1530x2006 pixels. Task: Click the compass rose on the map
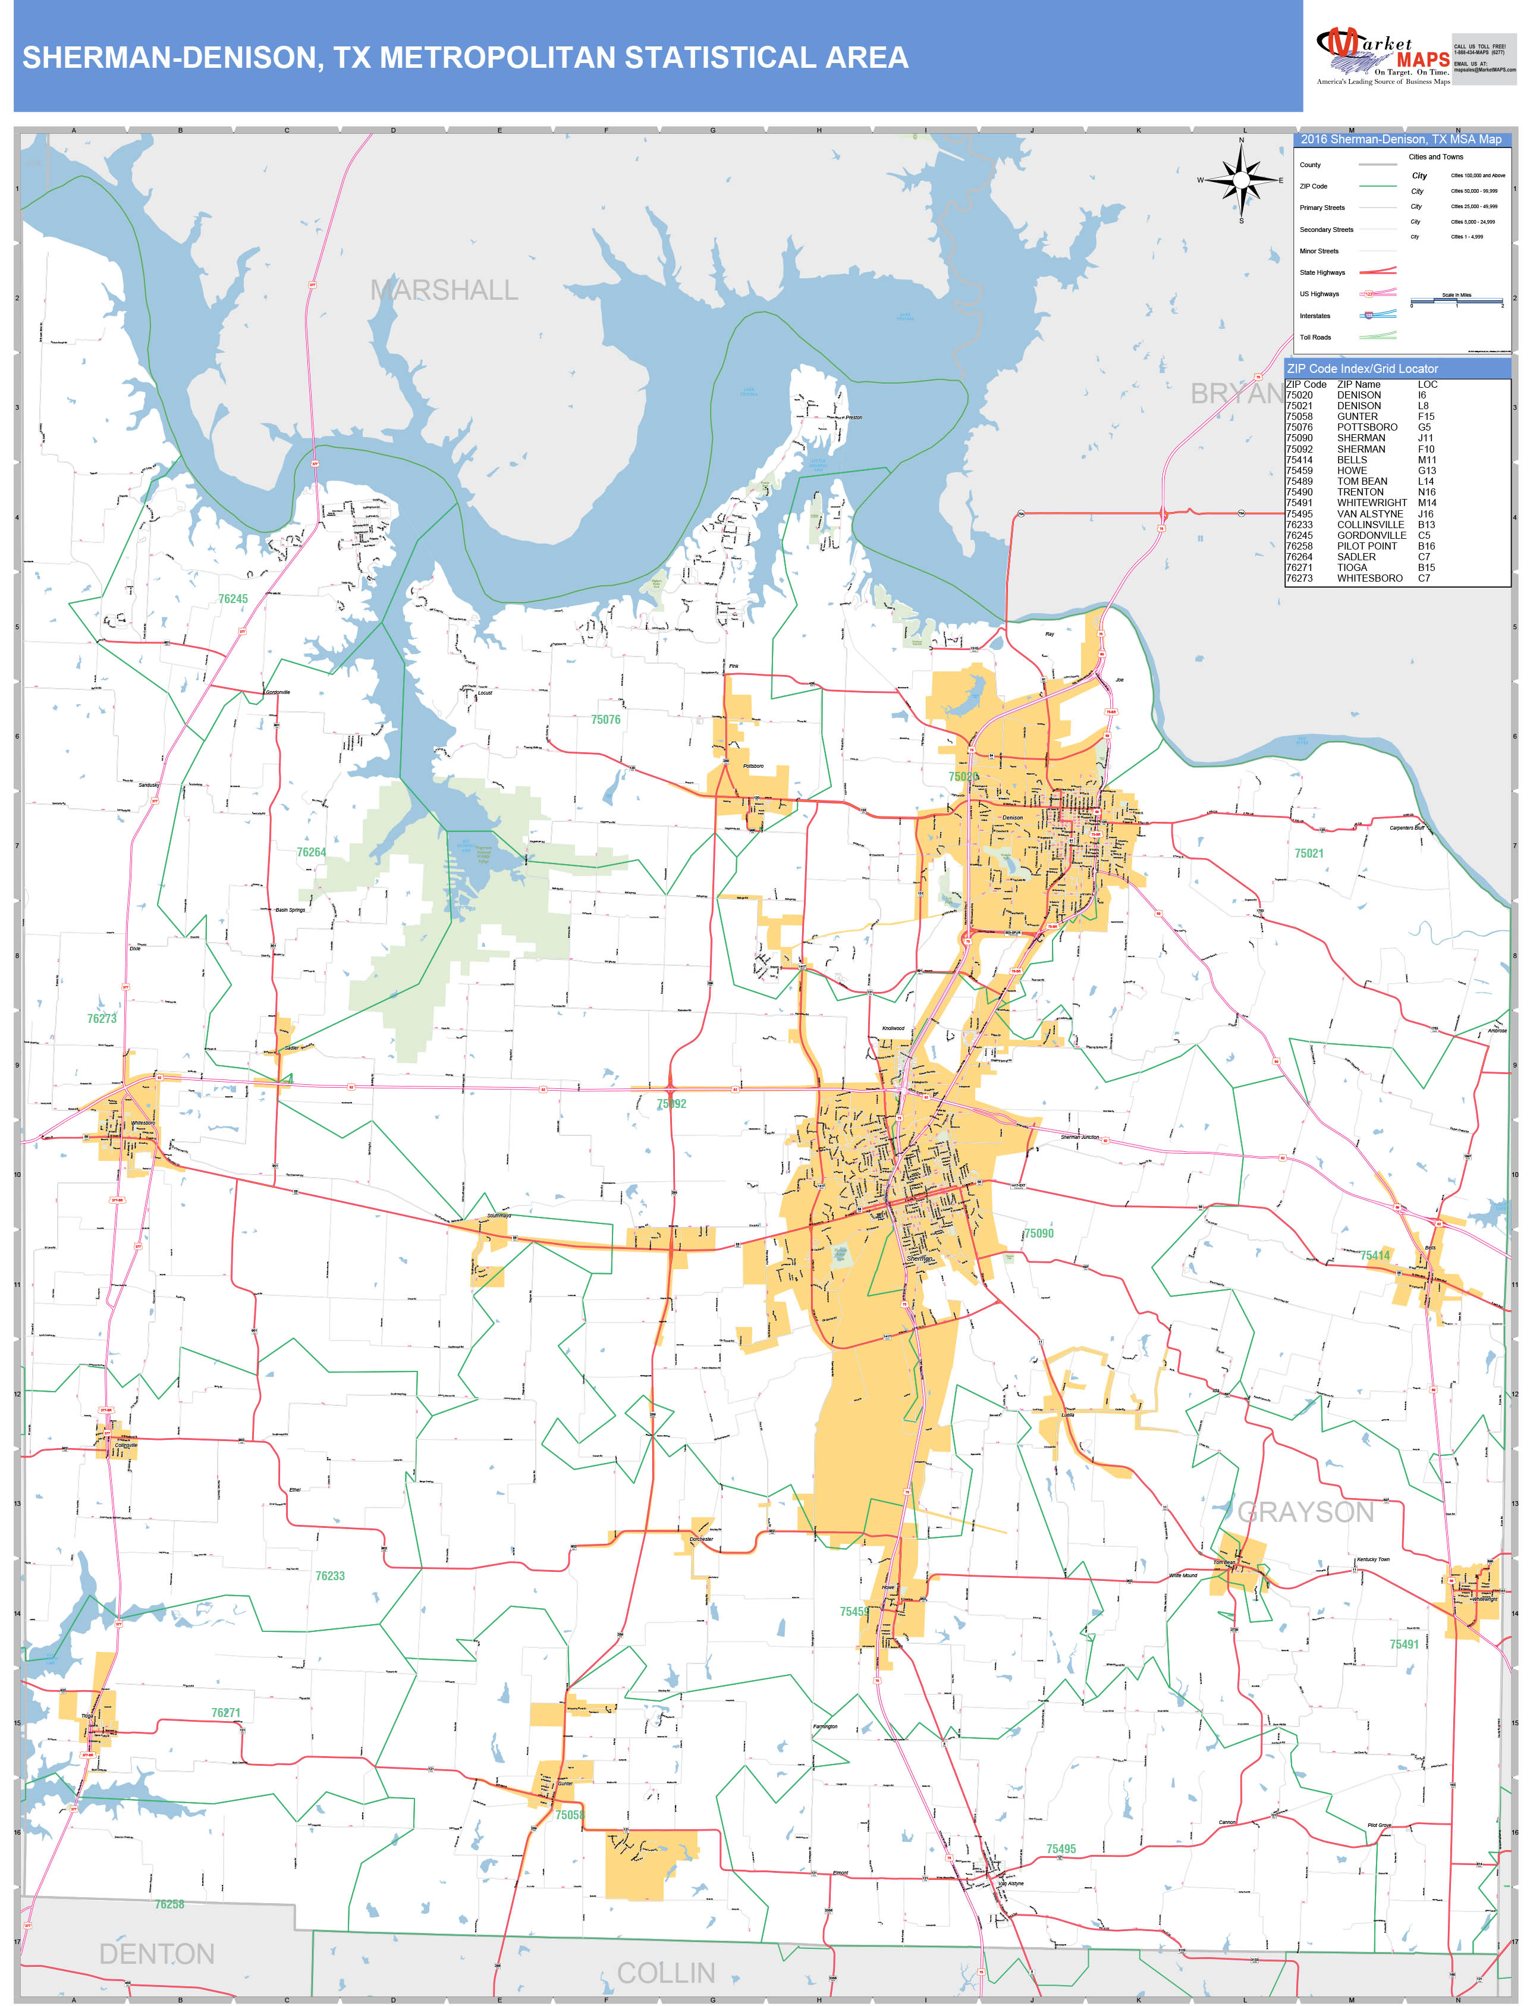click(x=1241, y=180)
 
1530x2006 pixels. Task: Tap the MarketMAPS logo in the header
click(x=1383, y=56)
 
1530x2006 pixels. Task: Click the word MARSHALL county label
click(x=444, y=290)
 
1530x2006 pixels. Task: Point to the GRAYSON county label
click(x=1305, y=1512)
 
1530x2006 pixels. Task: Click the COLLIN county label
click(x=666, y=1973)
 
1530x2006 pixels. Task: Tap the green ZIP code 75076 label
click(x=605, y=720)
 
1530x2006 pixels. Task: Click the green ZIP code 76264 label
click(x=310, y=852)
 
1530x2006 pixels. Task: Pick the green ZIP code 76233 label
click(x=329, y=1575)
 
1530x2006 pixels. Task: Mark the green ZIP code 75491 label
click(x=1403, y=1644)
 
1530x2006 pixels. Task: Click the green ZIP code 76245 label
click(x=233, y=599)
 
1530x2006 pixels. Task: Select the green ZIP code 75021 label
click(x=1309, y=853)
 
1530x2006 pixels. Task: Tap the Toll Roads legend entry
click(x=1315, y=338)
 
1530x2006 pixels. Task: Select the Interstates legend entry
click(x=1315, y=316)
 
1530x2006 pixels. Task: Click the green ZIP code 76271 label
click(x=226, y=1713)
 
